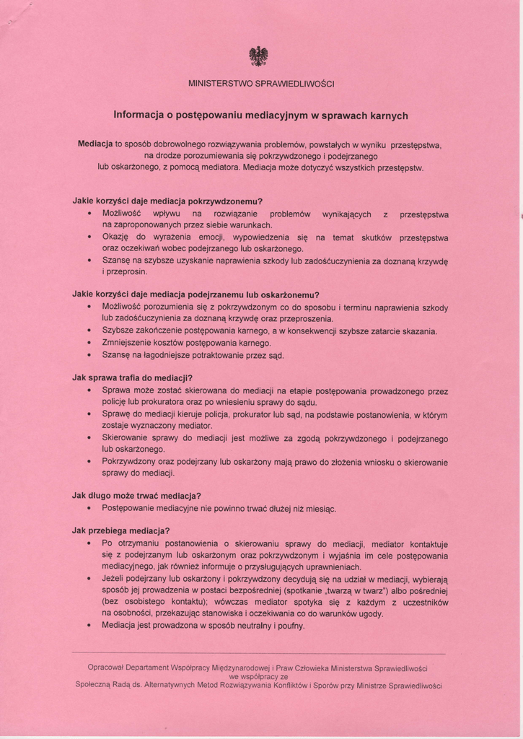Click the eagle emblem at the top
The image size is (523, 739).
point(258,56)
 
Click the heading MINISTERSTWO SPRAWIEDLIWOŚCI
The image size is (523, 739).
point(261,84)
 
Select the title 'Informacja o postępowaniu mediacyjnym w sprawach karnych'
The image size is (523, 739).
point(261,115)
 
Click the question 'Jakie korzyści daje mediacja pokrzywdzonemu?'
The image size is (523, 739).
point(167,201)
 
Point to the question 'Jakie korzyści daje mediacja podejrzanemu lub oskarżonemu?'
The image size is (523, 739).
point(195,294)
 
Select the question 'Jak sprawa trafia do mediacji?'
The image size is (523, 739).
point(133,377)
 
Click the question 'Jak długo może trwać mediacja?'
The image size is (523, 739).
point(136,496)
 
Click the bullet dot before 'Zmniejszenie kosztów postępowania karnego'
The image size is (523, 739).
point(89,344)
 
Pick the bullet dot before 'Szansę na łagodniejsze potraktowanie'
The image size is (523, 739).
point(89,355)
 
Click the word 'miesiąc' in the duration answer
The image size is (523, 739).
point(320,508)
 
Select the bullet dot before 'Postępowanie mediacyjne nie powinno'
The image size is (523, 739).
point(89,508)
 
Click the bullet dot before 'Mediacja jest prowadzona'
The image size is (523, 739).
point(89,626)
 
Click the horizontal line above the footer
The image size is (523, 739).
point(261,654)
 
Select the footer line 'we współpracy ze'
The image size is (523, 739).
point(258,677)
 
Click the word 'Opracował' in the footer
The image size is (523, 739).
point(107,667)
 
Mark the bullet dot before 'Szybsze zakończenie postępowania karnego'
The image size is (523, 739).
point(89,331)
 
